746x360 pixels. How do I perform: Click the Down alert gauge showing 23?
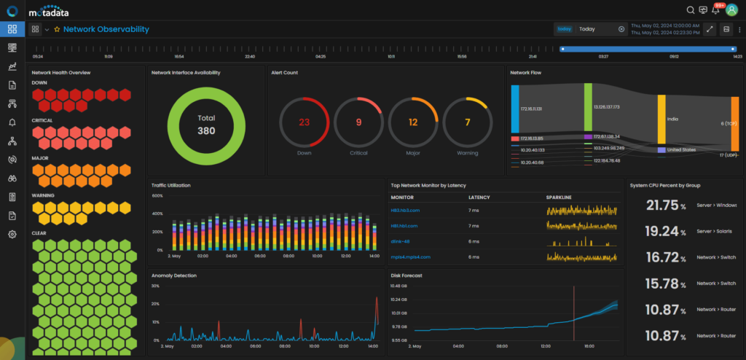point(305,122)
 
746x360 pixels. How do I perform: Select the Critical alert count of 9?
point(358,122)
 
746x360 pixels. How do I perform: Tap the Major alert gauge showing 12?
point(412,122)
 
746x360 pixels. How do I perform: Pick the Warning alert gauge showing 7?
point(467,122)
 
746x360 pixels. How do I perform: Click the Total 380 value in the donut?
point(206,125)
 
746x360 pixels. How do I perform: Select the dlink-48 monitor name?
point(401,241)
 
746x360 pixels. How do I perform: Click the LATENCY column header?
point(479,197)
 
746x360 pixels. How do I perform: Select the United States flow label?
point(683,149)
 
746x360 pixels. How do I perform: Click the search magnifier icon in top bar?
point(691,10)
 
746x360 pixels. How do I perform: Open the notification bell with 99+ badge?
point(715,10)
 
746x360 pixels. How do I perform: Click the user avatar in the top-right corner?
point(733,10)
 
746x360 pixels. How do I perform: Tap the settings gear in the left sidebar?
point(12,234)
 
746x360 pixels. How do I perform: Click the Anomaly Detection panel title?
point(173,275)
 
